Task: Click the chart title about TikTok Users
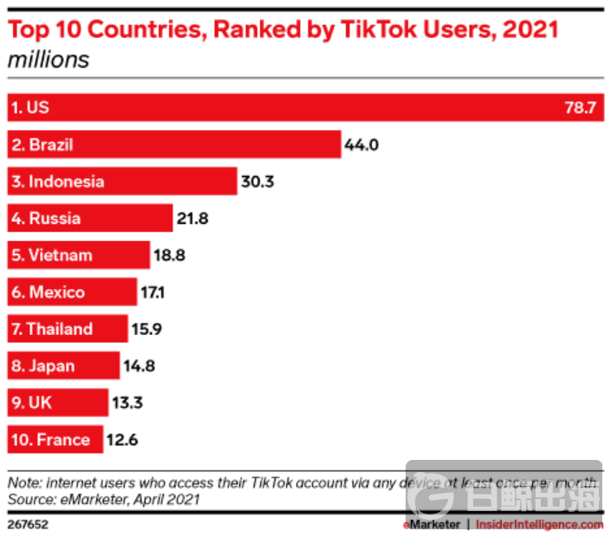tap(283, 30)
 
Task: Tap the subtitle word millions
tap(49, 60)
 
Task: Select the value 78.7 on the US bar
tap(581, 108)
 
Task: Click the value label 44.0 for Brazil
tap(361, 145)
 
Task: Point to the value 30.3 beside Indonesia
tap(257, 181)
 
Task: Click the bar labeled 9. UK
tap(57, 403)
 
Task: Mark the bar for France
tap(55, 439)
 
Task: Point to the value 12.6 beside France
tap(121, 439)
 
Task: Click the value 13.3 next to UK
tap(127, 403)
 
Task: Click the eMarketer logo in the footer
tap(432, 524)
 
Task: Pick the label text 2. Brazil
tap(42, 145)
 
